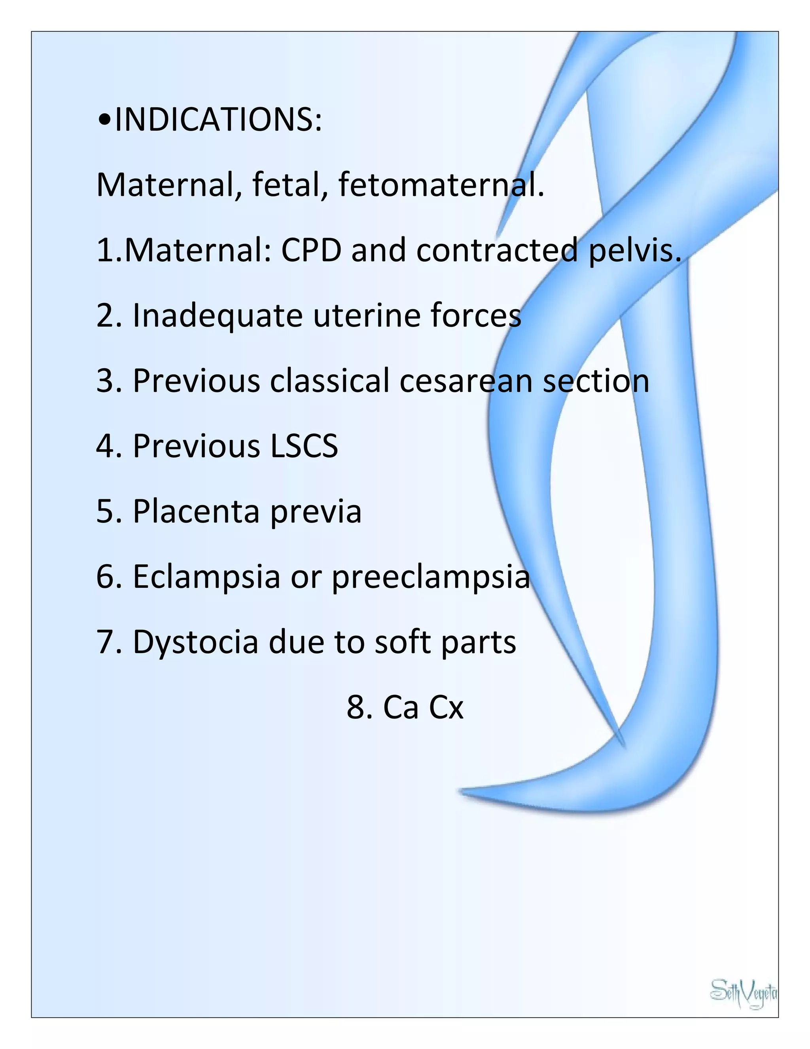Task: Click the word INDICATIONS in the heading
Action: click(x=218, y=120)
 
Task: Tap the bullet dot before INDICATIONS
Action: click(x=104, y=121)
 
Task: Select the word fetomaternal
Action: click(x=441, y=185)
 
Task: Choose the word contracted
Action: click(x=497, y=251)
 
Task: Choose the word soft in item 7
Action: click(x=402, y=642)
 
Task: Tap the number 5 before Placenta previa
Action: click(x=104, y=512)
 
